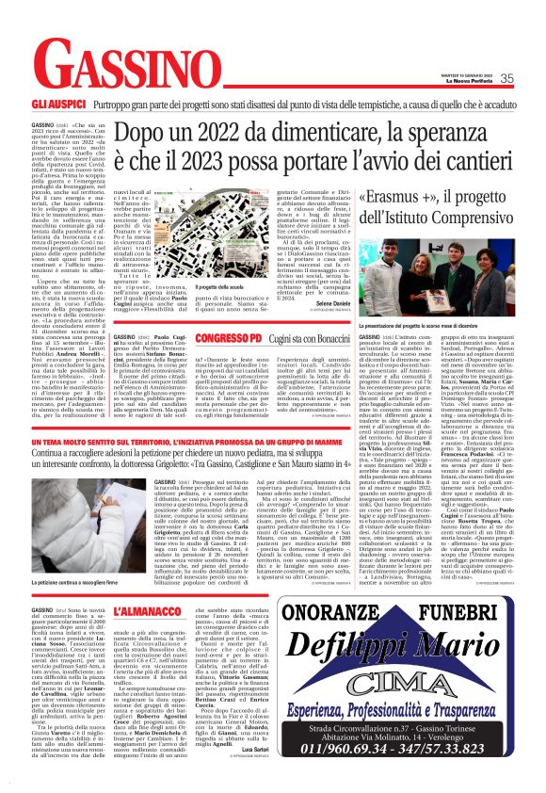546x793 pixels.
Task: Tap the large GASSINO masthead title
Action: point(123,67)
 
